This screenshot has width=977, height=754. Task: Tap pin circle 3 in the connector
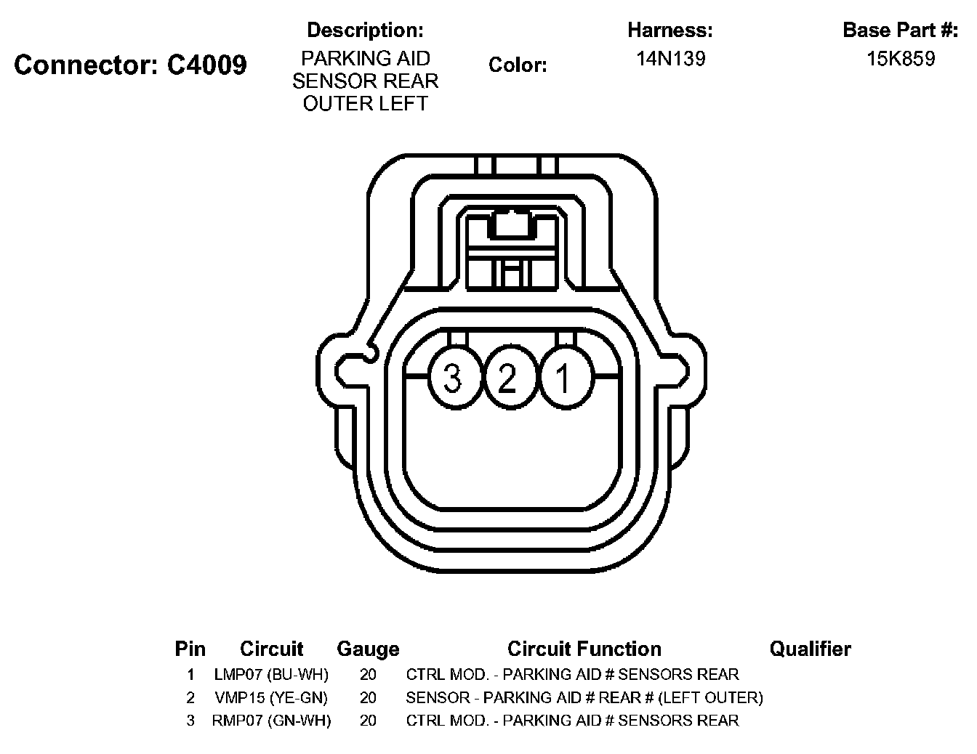tap(453, 378)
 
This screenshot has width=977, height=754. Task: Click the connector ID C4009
tap(207, 65)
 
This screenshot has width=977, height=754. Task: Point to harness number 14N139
tap(670, 59)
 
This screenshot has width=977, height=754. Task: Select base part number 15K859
tap(900, 59)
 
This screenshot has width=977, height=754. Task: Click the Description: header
tap(365, 31)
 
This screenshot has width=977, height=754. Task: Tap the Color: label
tap(518, 65)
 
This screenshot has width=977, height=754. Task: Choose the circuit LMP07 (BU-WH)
tap(271, 674)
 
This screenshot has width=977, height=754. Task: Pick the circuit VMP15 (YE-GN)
tap(271, 697)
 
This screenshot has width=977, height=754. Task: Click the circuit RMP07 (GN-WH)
tap(271, 721)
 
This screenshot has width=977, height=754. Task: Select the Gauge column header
tap(368, 649)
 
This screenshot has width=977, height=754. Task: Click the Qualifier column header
tap(810, 649)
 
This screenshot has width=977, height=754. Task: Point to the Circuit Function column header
tap(584, 649)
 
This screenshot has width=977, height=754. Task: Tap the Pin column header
tap(190, 649)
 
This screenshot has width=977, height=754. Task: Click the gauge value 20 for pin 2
tap(368, 697)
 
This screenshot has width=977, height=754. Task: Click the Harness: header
tap(670, 31)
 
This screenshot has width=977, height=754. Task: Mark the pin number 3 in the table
tap(190, 721)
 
